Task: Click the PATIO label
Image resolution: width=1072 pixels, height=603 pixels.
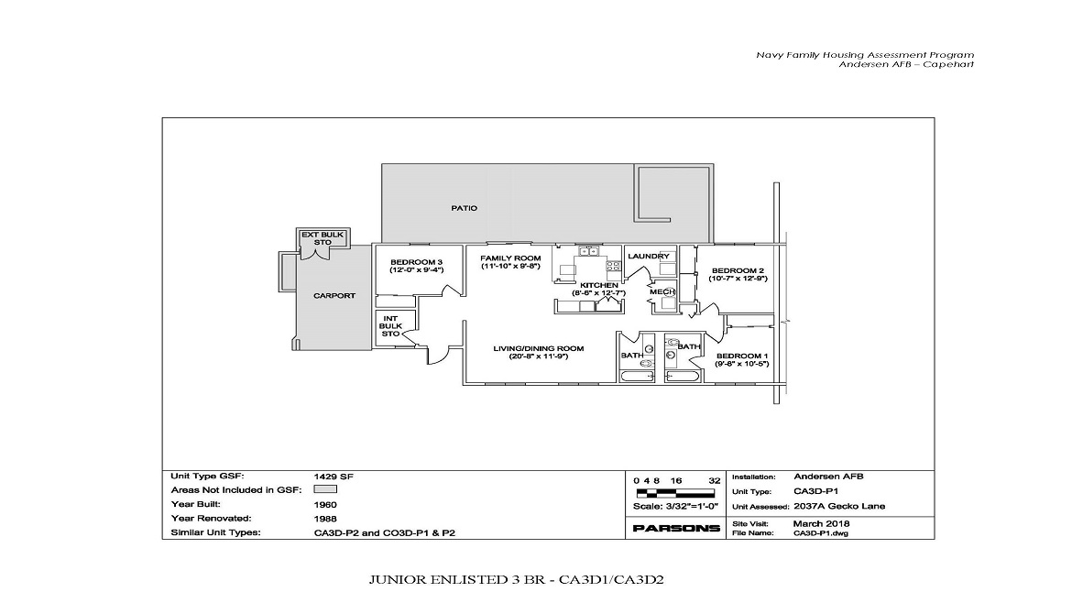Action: (464, 208)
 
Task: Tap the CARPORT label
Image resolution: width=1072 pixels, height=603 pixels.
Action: (334, 296)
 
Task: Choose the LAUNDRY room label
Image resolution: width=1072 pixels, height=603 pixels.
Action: (649, 257)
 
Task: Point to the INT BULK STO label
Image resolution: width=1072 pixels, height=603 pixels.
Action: (391, 326)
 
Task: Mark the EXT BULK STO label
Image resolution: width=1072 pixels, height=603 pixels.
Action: (323, 238)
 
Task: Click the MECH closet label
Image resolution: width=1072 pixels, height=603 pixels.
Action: (662, 291)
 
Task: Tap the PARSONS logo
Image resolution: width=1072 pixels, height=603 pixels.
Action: (676, 529)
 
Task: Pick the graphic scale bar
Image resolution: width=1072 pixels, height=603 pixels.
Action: (676, 493)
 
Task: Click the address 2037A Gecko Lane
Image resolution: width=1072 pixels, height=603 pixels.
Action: (839, 506)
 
